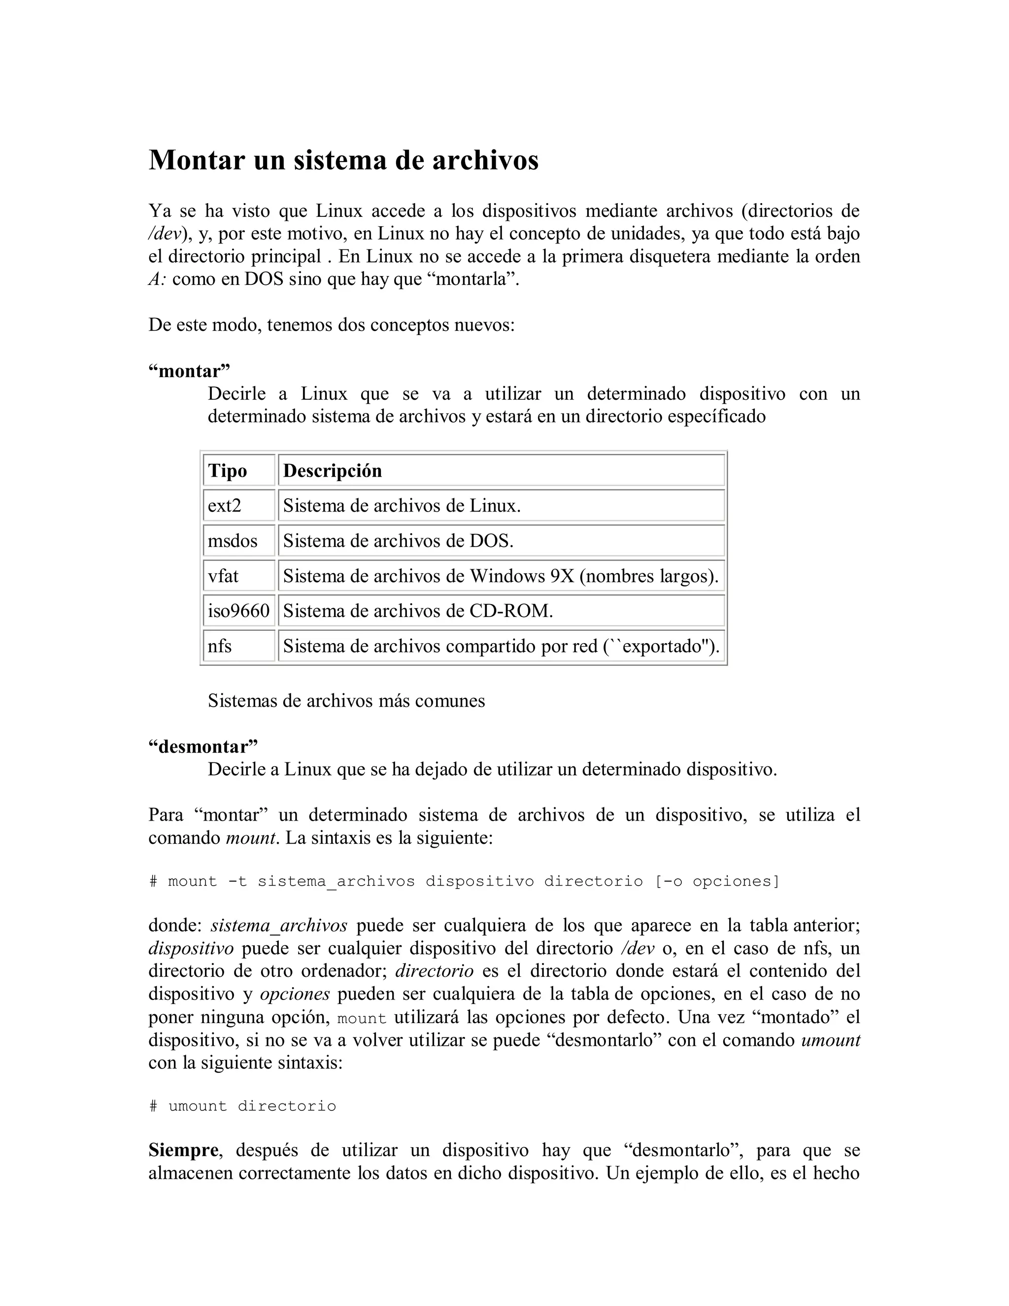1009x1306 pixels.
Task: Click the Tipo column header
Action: pos(227,471)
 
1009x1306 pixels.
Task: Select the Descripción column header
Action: pos(333,471)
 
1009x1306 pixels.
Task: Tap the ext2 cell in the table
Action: pos(225,506)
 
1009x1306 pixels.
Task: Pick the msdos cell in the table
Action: pos(233,541)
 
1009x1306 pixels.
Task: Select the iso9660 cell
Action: pos(238,611)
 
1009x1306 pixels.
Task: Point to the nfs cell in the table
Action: pos(219,647)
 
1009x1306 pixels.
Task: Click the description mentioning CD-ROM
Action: pos(418,611)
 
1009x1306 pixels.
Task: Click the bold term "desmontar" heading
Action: pos(203,747)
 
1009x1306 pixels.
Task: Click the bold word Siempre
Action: pos(183,1150)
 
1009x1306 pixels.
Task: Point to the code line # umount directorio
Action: pos(243,1106)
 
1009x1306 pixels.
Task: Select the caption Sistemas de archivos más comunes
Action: pos(346,700)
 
